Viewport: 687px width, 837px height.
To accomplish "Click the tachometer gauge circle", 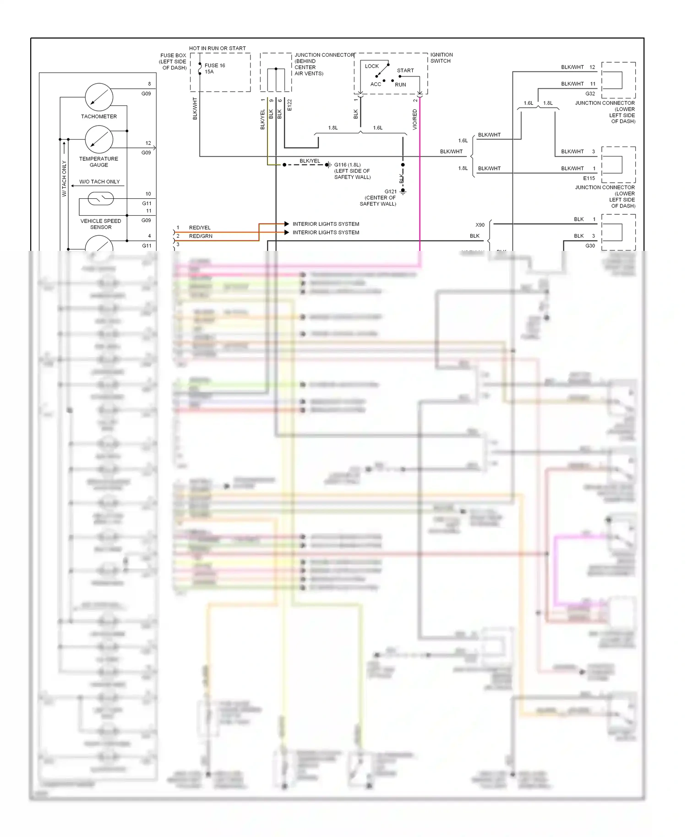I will pyautogui.click(x=99, y=97).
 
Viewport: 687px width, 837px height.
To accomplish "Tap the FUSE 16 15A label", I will pyautogui.click(x=214, y=68).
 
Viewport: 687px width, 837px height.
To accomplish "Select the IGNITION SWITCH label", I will pyautogui.click(x=441, y=58).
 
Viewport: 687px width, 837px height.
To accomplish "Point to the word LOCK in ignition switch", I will pyautogui.click(x=371, y=66).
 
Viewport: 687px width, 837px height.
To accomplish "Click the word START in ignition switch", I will pyautogui.click(x=405, y=71).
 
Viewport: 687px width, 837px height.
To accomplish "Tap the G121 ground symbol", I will pyautogui.click(x=403, y=191).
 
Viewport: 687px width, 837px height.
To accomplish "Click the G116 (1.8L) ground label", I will pyautogui.click(x=347, y=165).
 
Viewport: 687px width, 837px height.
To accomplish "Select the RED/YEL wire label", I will pyautogui.click(x=200, y=228).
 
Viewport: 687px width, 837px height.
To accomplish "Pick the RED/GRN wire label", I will pyautogui.click(x=201, y=236).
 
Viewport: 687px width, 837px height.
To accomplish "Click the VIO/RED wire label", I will pyautogui.click(x=415, y=119).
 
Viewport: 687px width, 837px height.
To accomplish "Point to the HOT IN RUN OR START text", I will pyautogui.click(x=217, y=48).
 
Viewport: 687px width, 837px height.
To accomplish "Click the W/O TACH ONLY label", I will pyautogui.click(x=99, y=182).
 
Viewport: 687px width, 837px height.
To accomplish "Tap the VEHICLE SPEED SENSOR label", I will pyautogui.click(x=101, y=224).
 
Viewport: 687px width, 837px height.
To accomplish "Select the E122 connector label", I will pyautogui.click(x=289, y=105).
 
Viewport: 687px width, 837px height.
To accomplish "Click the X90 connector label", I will pyautogui.click(x=480, y=225).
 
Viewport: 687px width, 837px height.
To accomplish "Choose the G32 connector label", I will pyautogui.click(x=590, y=93).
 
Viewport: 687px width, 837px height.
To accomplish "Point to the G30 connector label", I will pyautogui.click(x=590, y=246).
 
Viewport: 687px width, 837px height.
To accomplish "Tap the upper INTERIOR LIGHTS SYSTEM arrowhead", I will pyautogui.click(x=287, y=224).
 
